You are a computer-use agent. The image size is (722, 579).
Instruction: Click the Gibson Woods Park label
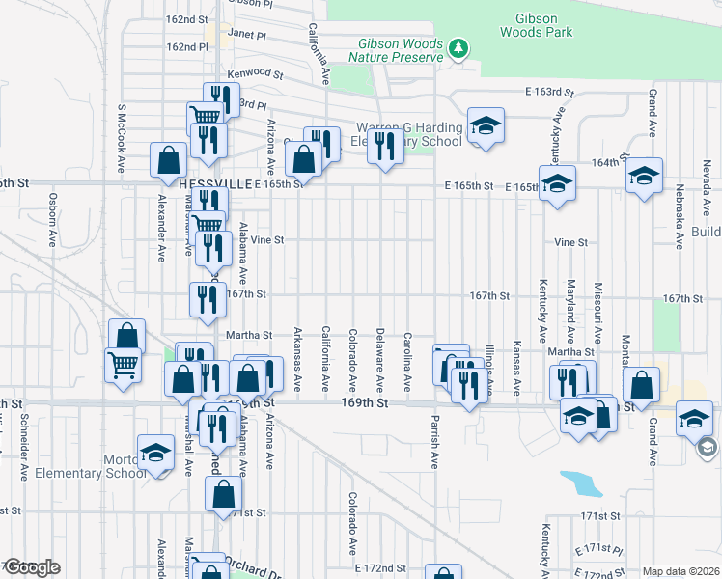pos(536,25)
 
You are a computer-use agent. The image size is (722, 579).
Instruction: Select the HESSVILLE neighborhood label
pos(212,183)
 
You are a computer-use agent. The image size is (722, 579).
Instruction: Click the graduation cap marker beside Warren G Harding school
pos(486,125)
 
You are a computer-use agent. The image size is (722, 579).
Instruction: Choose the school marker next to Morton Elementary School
pos(154,453)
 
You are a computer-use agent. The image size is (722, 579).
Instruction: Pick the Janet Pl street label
pos(245,34)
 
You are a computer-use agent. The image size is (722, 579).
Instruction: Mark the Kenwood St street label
pos(255,73)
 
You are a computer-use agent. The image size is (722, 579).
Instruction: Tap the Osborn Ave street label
pos(51,221)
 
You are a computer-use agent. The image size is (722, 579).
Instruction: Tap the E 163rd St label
pos(549,93)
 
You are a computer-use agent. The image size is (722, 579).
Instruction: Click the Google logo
pos(32,567)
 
